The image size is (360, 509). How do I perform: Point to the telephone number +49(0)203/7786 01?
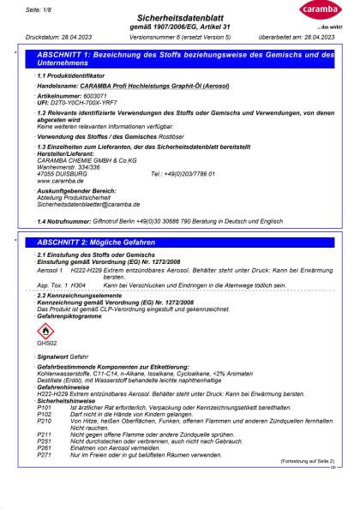click(x=183, y=174)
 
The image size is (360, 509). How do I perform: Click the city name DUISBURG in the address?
click(x=70, y=174)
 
